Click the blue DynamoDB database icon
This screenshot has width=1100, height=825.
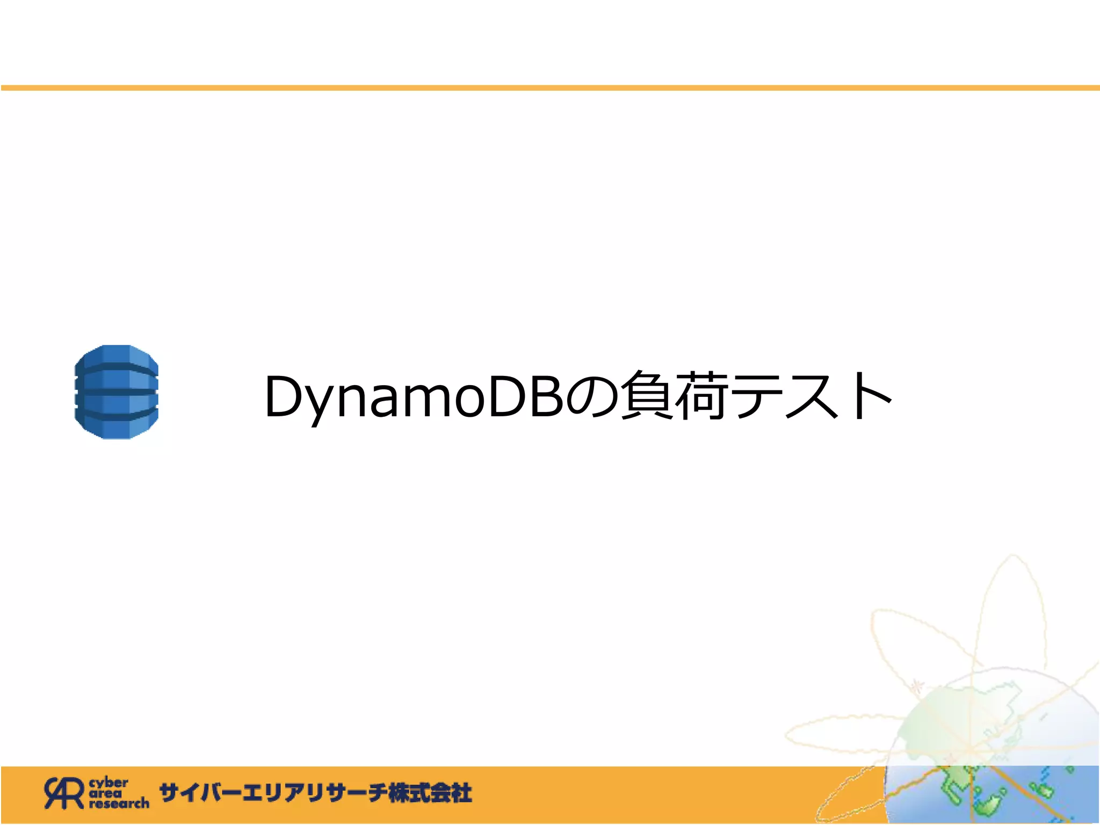(x=117, y=392)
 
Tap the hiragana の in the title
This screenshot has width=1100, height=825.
(x=591, y=396)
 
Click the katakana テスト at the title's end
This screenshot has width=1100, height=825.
(x=811, y=396)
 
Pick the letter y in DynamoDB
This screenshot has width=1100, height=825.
(x=321, y=403)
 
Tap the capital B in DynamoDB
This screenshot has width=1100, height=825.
(x=546, y=396)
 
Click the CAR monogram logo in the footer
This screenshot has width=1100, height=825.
(x=64, y=793)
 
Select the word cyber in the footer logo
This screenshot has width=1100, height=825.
(x=108, y=783)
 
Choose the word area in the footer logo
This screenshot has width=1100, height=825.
(x=106, y=793)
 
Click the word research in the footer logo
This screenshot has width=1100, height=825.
(x=119, y=804)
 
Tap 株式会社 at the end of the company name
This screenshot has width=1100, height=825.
(x=430, y=793)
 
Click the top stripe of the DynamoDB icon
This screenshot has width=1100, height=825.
(x=117, y=355)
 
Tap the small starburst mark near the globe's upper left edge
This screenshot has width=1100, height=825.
(x=918, y=685)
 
